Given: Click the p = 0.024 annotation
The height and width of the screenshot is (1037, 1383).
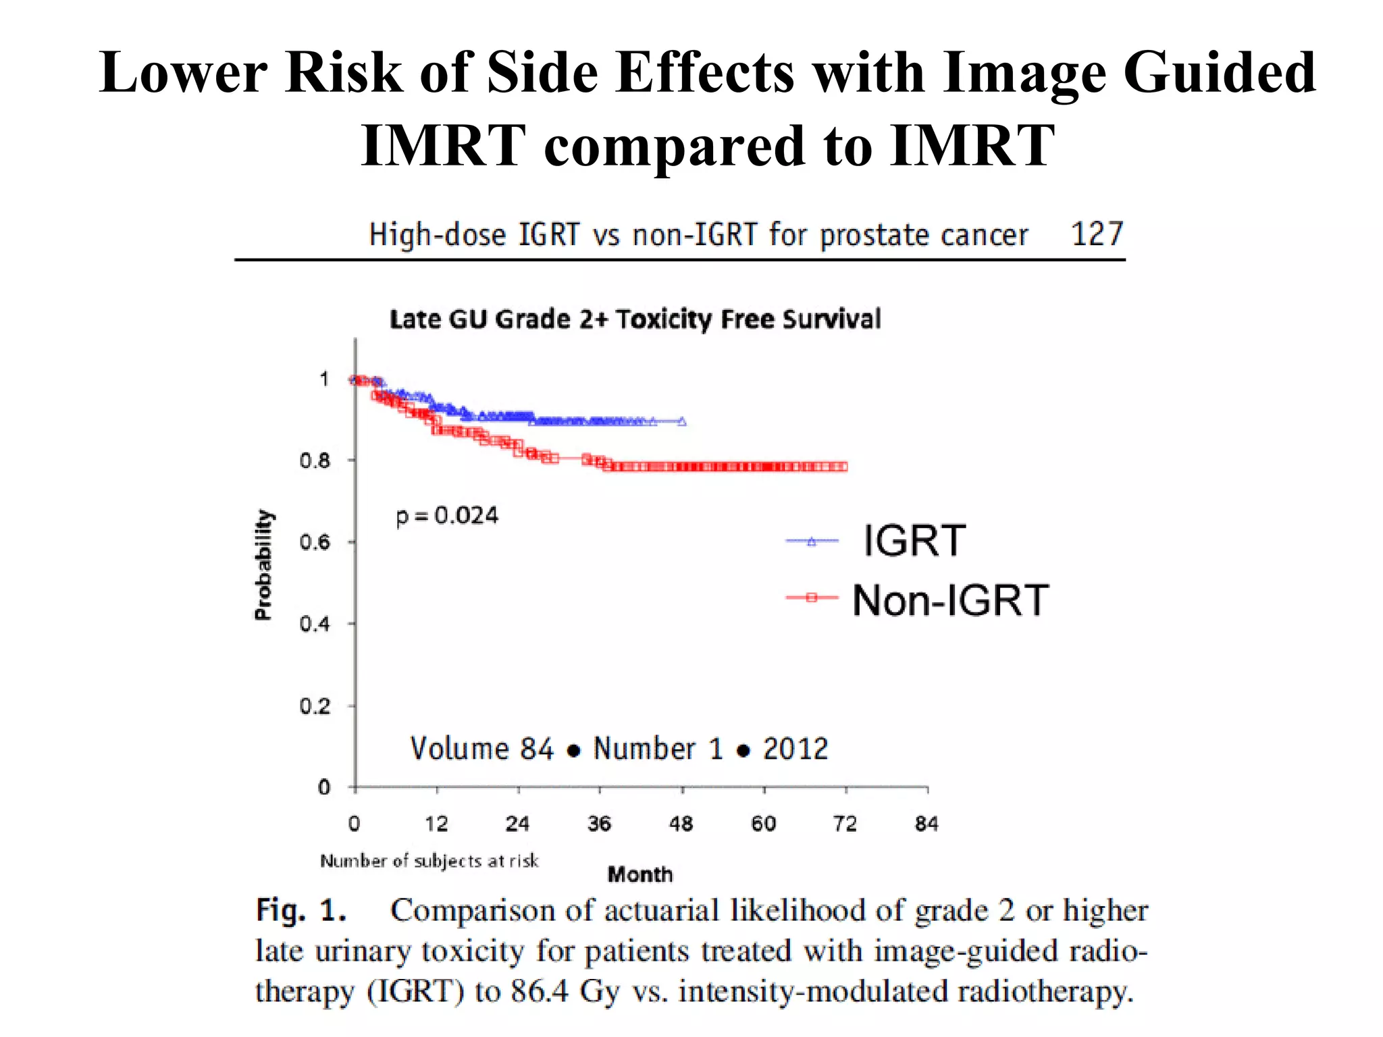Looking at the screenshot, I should click(x=447, y=516).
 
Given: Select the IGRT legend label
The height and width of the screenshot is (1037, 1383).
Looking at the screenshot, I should click(x=915, y=541).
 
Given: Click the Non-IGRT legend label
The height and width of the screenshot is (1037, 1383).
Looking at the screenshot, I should click(x=949, y=600).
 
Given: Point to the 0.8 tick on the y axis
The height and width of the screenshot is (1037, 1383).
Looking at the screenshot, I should click(x=315, y=461).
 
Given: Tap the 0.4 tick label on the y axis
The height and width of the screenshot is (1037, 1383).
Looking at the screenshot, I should click(x=315, y=624).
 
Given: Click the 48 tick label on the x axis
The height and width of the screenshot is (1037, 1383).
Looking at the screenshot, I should click(x=681, y=824).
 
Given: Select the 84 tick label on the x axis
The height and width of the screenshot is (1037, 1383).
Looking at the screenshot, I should click(x=927, y=824).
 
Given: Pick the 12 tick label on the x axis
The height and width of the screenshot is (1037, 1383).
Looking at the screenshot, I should click(x=436, y=824).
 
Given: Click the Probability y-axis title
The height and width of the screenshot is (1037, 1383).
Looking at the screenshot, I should click(x=263, y=564).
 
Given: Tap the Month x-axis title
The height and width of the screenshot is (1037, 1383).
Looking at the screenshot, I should click(x=640, y=875).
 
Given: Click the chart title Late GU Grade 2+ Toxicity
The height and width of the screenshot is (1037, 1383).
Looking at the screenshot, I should click(x=635, y=319).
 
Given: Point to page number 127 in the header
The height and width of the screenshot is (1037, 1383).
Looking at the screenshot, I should click(x=1097, y=235).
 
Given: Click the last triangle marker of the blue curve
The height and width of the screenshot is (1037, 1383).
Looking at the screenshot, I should click(x=682, y=422).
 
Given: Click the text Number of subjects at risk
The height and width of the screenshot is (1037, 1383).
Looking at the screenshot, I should click(x=429, y=861).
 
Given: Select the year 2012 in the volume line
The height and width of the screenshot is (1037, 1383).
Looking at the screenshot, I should click(x=795, y=749).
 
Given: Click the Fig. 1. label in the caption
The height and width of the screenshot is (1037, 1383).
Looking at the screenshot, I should click(x=301, y=911).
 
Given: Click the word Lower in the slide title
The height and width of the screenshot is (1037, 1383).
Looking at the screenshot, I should click(x=184, y=73).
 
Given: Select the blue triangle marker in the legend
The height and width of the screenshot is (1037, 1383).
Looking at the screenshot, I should click(x=812, y=541).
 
